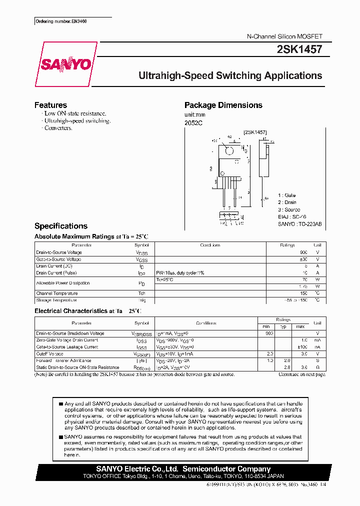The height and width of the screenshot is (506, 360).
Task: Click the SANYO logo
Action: [66, 65]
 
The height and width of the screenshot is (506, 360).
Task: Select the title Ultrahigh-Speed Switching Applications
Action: [230, 76]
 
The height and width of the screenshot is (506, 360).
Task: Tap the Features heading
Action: [50, 105]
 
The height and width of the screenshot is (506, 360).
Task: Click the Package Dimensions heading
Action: [223, 105]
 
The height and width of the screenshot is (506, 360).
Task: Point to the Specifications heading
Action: [61, 226]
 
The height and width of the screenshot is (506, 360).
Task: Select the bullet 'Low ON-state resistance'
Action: [74, 113]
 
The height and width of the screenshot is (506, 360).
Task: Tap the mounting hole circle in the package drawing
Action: [229, 151]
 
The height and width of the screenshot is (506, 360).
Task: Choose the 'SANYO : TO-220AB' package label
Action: [300, 224]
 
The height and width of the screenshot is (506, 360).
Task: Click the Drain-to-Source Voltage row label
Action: [59, 252]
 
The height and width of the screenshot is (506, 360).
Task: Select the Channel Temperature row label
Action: [57, 293]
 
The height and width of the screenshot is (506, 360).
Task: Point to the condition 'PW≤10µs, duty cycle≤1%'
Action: [180, 273]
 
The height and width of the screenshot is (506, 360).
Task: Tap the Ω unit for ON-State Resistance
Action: [317, 367]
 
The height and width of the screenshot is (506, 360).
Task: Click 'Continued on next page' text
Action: [302, 374]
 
